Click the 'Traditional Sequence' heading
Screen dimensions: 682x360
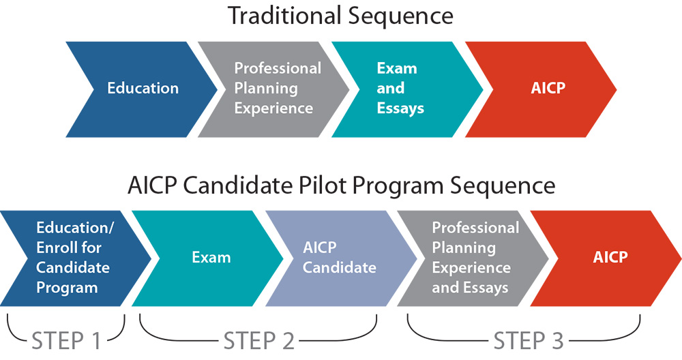click(x=340, y=16)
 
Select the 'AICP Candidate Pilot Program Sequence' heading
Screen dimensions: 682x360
click(x=342, y=185)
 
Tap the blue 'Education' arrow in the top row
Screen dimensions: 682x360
click(x=142, y=89)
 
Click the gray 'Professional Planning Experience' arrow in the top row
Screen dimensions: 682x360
click(x=274, y=89)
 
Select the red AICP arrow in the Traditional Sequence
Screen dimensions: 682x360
click(x=542, y=89)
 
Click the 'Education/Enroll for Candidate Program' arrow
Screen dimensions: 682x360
click(x=75, y=258)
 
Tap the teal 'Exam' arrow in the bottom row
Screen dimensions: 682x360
click(x=208, y=258)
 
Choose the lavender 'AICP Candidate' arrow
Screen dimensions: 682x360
click(x=342, y=258)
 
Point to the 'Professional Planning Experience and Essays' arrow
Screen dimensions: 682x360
click(x=473, y=258)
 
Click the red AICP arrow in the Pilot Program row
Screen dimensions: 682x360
click(x=606, y=258)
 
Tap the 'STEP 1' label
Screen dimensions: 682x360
click(x=67, y=341)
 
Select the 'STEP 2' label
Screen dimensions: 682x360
click(x=259, y=341)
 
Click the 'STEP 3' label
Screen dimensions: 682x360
click(x=529, y=341)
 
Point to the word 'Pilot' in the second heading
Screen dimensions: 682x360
click(x=323, y=185)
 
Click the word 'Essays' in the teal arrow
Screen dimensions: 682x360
click(x=400, y=108)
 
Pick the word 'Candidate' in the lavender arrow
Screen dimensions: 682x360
click(x=339, y=267)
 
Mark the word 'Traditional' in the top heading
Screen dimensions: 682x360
click(x=284, y=16)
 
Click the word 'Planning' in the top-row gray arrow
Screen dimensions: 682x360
click(x=266, y=89)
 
